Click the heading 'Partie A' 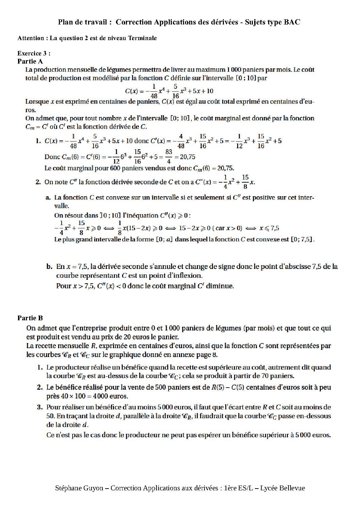click(x=30, y=62)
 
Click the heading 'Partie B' click(x=30, y=318)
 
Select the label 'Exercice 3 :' click(x=34, y=53)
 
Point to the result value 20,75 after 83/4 click(x=187, y=157)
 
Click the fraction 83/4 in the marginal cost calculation click(x=169, y=157)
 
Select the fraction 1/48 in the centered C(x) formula click(x=154, y=91)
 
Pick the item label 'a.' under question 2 click(x=48, y=198)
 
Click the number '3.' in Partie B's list click(x=40, y=407)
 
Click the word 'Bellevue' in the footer click(x=292, y=488)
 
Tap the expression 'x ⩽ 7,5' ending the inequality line click(x=269, y=228)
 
